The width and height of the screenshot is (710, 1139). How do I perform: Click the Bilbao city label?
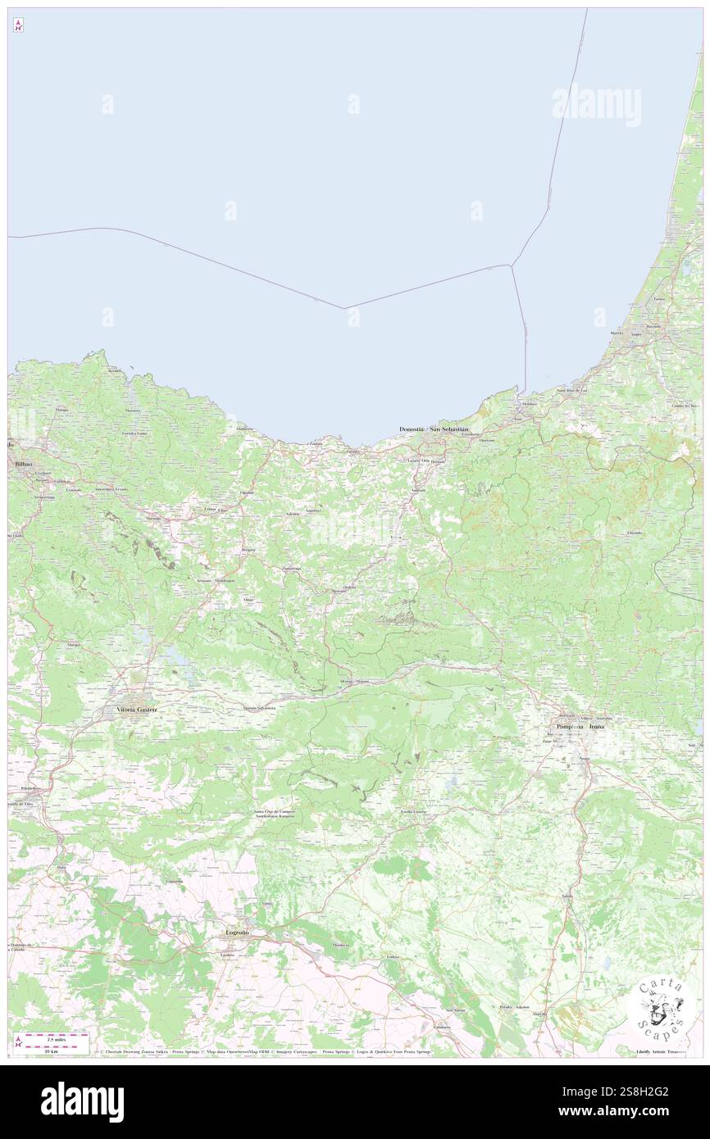pyautogui.click(x=22, y=464)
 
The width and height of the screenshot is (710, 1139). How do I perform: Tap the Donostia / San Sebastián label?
pyautogui.click(x=434, y=429)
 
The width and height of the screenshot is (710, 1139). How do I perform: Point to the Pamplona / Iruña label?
pyautogui.click(x=580, y=727)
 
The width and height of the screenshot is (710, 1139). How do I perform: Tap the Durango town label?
pyautogui.click(x=153, y=519)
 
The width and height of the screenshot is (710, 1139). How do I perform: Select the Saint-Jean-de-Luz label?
pyautogui.click(x=572, y=390)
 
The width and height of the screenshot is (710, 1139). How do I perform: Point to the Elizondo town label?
pyautogui.click(x=635, y=533)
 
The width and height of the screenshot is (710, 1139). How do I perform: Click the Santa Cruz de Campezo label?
pyautogui.click(x=274, y=812)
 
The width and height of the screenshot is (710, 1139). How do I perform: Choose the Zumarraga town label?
pyautogui.click(x=291, y=568)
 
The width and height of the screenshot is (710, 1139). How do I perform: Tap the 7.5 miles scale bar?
pyautogui.click(x=56, y=1037)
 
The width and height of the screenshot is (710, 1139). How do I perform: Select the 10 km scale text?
pyautogui.click(x=55, y=1051)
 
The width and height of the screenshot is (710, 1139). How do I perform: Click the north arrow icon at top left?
pyautogui.click(x=18, y=26)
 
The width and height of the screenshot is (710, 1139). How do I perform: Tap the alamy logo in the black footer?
pyautogui.click(x=82, y=1102)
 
